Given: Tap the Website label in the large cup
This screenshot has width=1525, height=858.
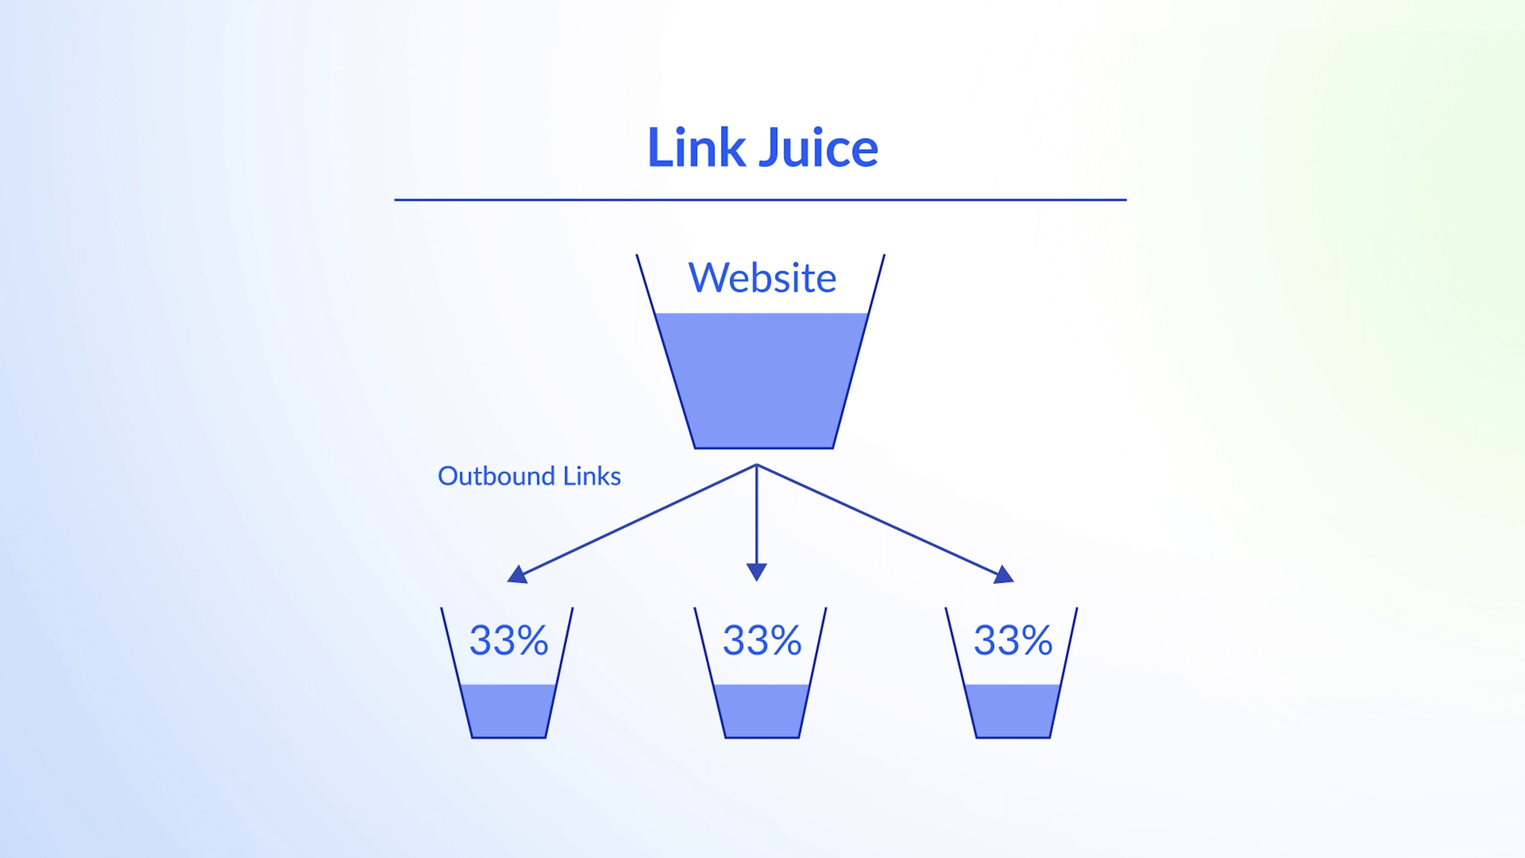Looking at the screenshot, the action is tap(762, 277).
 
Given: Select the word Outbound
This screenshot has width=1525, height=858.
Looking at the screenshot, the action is tap(496, 476).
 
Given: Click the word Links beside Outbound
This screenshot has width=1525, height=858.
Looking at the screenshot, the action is tap(591, 476).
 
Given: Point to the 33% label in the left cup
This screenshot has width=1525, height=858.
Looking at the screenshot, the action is tap(508, 640).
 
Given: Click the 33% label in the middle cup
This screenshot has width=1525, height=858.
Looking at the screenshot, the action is tap(762, 640).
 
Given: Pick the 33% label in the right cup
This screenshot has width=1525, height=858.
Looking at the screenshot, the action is tap(1013, 640).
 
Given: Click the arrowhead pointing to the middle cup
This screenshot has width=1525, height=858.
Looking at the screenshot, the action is tap(757, 572).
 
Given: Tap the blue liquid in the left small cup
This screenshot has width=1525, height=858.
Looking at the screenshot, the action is tap(508, 711).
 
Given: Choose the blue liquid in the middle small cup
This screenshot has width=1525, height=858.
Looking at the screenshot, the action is tap(762, 711).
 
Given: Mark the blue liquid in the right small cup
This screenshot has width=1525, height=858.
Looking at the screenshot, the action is tap(1013, 711).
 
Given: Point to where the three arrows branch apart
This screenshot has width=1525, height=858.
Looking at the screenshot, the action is tap(757, 466).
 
